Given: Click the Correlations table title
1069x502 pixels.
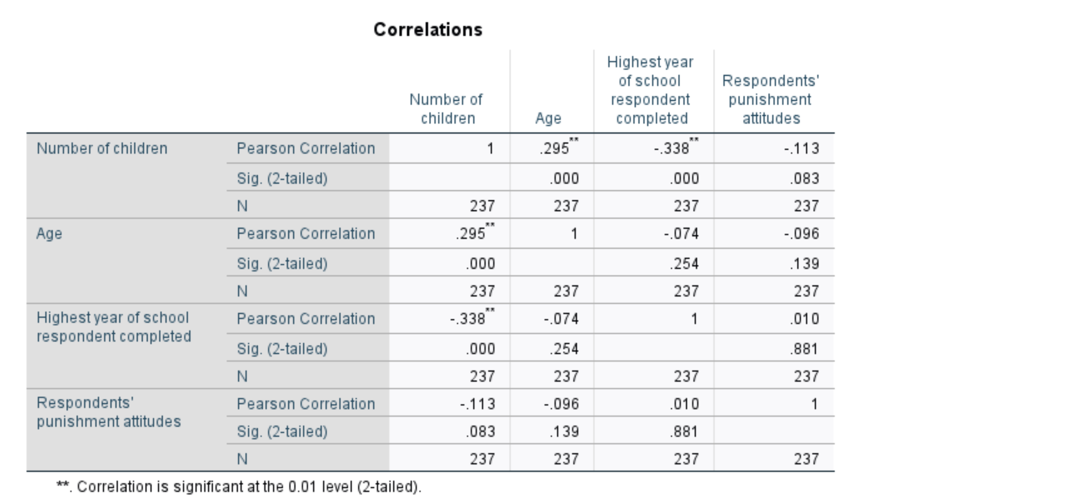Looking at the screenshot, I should click(428, 30).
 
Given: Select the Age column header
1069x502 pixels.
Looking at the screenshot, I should click(548, 119).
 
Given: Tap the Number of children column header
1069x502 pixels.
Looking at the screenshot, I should click(446, 109).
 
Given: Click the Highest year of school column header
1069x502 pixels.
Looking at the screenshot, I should click(651, 90).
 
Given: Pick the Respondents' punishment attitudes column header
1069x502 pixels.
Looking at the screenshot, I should click(770, 100).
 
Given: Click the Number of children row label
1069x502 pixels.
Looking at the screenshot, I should click(102, 149).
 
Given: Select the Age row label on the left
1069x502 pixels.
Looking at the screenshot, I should click(49, 234).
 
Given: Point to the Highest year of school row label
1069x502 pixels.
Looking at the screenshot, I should click(114, 327).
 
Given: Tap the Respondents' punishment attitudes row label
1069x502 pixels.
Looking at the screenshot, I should click(109, 412).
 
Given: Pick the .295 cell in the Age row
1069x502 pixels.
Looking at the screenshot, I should click(471, 234).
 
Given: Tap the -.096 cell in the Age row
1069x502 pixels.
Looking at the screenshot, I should click(801, 234).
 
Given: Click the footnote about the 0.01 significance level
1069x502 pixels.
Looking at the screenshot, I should click(239, 487).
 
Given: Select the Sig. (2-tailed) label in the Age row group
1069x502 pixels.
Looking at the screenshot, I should click(282, 264).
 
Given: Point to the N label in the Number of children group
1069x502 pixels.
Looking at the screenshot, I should click(242, 206).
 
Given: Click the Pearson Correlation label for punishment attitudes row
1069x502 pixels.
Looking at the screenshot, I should click(306, 404).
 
